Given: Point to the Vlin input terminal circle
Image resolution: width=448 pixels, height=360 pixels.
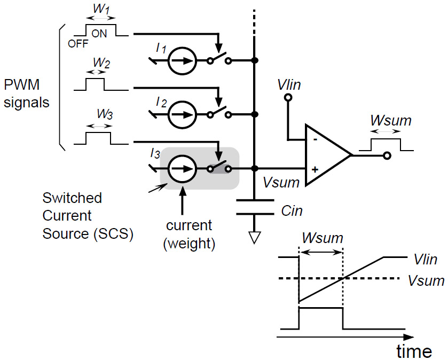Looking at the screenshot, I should pos(288,98).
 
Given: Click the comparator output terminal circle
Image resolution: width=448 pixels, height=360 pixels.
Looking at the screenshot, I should pos(387,155).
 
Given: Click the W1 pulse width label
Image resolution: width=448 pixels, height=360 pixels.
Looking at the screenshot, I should pos(101,11).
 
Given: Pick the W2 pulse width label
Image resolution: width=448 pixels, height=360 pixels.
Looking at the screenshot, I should pos(101,63).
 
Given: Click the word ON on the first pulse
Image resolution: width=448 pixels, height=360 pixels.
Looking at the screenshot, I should pos(99,33).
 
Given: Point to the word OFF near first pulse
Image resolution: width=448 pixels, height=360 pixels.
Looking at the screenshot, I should pos(78,44).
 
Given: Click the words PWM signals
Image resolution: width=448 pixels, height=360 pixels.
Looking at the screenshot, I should pos(26,93).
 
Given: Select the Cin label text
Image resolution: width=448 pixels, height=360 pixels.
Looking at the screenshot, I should pos(292,210).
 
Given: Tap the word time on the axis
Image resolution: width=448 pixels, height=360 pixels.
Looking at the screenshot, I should pos(414,351).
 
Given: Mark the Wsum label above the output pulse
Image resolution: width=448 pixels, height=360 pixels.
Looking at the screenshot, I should pos(390,120).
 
